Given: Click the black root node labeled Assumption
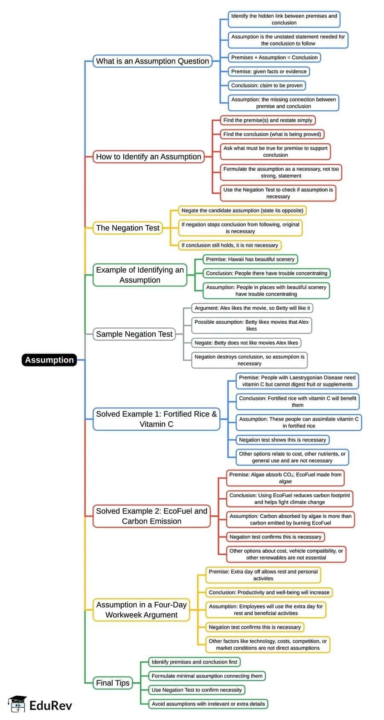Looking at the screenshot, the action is [x=49, y=360].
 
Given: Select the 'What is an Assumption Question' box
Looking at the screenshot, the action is [x=152, y=61].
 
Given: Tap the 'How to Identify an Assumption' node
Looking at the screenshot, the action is [x=148, y=156].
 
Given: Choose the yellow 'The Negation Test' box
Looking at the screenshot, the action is [x=128, y=228].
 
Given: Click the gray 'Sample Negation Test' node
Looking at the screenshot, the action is [x=134, y=334].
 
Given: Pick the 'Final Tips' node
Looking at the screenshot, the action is [x=113, y=683].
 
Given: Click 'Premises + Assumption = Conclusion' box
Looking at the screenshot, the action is [x=274, y=58].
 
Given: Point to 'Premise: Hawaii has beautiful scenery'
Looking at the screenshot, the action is [x=250, y=259].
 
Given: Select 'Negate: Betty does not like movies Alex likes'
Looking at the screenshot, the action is [x=246, y=343].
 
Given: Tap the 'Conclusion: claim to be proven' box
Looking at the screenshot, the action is [x=267, y=85].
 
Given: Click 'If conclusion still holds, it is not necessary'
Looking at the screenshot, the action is [x=230, y=245].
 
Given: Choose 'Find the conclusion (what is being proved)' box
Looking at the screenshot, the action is [x=272, y=134].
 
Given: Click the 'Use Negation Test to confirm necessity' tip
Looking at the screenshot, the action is [x=197, y=690].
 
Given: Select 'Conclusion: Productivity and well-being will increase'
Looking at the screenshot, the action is [x=269, y=592].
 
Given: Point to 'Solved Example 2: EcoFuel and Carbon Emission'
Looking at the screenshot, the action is [x=151, y=516].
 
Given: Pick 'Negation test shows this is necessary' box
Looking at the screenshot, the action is [x=282, y=440].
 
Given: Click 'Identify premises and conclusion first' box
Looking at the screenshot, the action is [x=195, y=662].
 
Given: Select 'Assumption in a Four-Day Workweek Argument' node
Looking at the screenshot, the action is [x=141, y=609].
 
